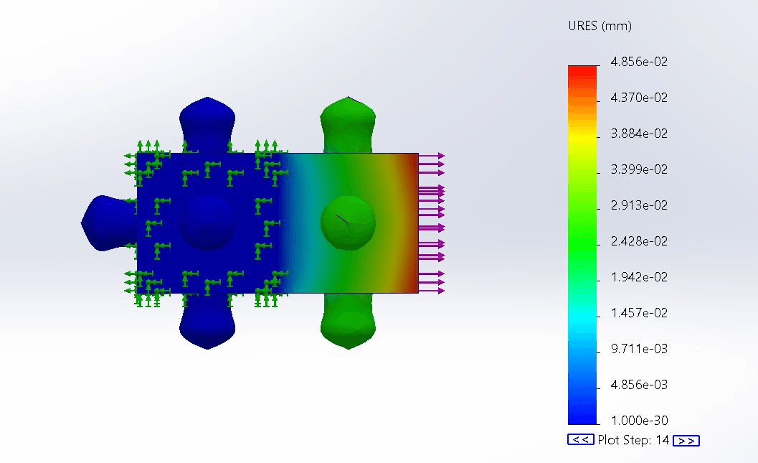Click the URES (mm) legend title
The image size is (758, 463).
click(x=600, y=26)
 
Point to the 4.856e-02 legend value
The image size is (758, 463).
click(x=639, y=62)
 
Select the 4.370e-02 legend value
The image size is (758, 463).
click(x=639, y=98)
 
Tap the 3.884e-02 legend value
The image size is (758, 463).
click(x=639, y=134)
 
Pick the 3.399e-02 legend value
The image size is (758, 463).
click(x=639, y=169)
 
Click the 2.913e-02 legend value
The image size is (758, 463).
click(x=639, y=205)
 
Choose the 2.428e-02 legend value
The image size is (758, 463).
click(x=639, y=241)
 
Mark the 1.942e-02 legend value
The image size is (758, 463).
click(x=639, y=277)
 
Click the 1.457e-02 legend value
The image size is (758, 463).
click(x=639, y=313)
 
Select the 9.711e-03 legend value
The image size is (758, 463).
click(x=639, y=349)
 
